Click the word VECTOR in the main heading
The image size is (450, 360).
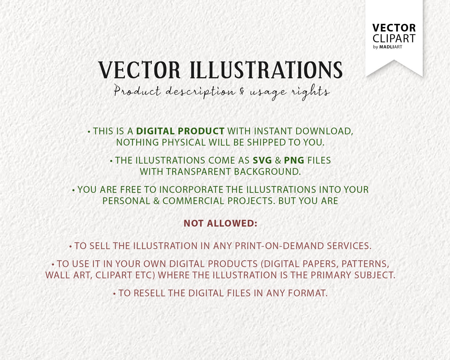coord(139,70)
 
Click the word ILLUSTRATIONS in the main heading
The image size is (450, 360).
coord(266,70)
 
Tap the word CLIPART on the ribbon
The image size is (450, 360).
coord(394,39)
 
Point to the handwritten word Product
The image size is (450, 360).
coord(137,91)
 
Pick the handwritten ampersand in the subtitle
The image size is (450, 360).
coord(242,91)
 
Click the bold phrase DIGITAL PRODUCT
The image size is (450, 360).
coord(180,131)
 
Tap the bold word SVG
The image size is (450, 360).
coord(262,160)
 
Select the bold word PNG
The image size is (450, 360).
coord(294,160)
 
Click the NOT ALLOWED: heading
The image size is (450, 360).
coord(220,223)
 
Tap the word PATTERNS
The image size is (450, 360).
coord(365,264)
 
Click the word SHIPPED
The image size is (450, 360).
coord(266,142)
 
